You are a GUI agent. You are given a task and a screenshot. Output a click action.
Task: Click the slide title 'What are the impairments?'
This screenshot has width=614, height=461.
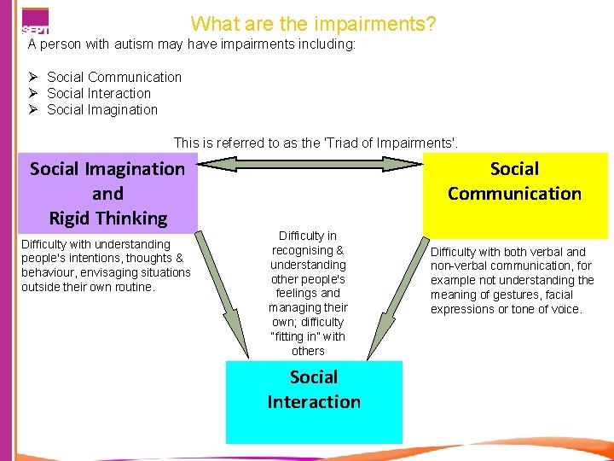(x=313, y=23)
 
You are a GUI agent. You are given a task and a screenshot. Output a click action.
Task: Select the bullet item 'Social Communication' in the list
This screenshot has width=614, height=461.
(x=114, y=78)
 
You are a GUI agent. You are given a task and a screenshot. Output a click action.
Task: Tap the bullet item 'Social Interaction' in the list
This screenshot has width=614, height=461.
(x=99, y=94)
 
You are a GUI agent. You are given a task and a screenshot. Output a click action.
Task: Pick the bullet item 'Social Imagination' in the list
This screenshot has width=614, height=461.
(x=102, y=110)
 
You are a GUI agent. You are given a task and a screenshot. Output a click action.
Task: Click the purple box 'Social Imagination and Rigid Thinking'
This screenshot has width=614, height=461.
(x=107, y=193)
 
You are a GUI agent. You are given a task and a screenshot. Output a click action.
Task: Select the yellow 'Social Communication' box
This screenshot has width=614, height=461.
(x=514, y=193)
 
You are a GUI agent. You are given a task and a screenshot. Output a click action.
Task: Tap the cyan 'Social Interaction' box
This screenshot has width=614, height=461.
(x=313, y=401)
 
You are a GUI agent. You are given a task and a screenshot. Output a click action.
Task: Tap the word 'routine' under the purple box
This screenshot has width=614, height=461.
(x=131, y=288)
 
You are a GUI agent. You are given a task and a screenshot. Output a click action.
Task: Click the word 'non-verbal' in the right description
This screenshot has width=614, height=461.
(x=460, y=266)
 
